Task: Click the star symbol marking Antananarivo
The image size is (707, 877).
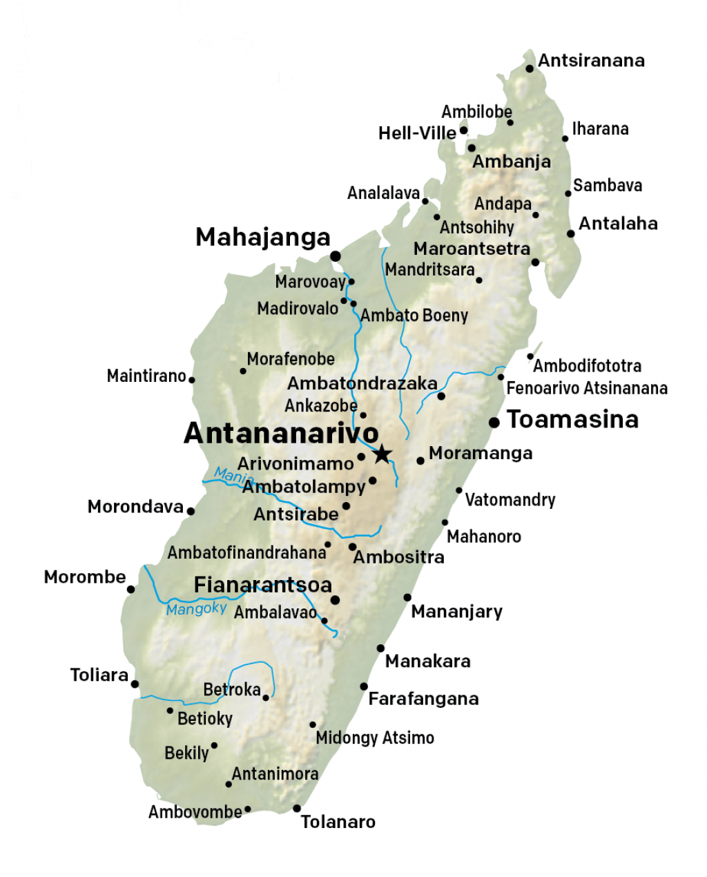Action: pos(382,454)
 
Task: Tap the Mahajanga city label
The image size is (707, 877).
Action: pos(263,237)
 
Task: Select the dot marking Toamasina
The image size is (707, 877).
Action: pos(494,422)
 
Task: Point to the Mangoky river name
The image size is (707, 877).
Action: pos(196,608)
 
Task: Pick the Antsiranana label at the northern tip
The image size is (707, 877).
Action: pos(591,61)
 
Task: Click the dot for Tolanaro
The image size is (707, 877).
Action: pos(297,809)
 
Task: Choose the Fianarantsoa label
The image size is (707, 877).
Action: pos(263,585)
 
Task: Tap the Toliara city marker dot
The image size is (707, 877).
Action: pos(135,684)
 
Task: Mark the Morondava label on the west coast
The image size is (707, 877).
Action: pos(135,507)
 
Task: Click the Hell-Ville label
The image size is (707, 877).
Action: pos(417,133)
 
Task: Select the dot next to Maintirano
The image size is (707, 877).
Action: pos(192,380)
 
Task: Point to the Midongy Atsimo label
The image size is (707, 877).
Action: pos(375,738)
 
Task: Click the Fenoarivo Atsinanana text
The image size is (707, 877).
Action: pos(587,388)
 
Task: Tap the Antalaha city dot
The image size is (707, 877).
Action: pos(570,233)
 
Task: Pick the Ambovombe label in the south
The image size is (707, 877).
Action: pos(195,812)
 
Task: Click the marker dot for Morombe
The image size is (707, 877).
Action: pos(130,589)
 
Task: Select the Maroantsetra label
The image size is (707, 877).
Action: pos(472,249)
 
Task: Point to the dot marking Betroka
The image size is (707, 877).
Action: pos(266,697)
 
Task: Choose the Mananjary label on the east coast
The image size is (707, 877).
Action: pos(456,611)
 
